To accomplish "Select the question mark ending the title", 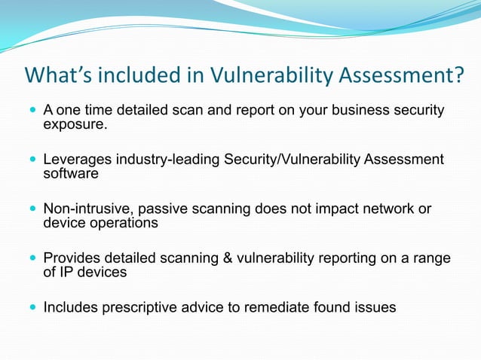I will pos(458,76).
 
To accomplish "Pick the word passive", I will pos(157,209).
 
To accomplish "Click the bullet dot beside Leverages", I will pos(32,160).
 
